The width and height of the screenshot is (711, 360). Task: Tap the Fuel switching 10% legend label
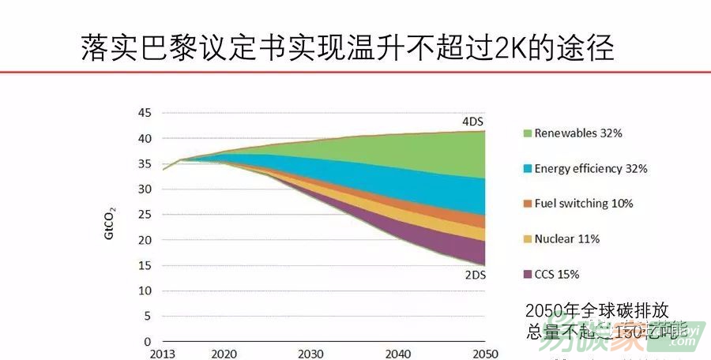pos(583,204)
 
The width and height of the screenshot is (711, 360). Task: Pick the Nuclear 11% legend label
pos(566,238)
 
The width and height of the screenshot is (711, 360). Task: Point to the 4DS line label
pos(473,122)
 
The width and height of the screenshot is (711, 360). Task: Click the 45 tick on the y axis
pos(144,112)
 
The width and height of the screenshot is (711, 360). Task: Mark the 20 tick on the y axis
pos(144,240)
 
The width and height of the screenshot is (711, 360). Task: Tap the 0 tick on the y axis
pos(147,342)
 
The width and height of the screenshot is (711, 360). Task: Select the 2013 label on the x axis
pos(163,354)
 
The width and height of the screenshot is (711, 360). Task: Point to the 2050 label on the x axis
pos(484,354)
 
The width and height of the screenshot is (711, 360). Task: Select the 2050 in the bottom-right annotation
pos(543,310)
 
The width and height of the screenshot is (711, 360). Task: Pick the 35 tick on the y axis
pos(144,163)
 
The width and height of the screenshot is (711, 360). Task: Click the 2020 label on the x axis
pos(224,354)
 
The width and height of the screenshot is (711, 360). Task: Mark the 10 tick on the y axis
pos(144,291)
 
